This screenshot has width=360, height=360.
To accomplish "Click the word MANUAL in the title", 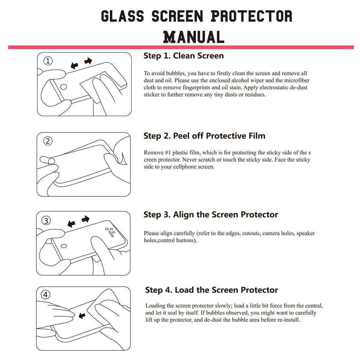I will [193, 37].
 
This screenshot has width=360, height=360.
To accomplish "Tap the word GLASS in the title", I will [122, 16].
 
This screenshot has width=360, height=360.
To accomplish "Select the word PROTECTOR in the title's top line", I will [251, 16].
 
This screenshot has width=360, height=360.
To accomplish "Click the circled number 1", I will [48, 61].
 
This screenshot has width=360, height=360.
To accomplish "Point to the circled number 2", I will [48, 141].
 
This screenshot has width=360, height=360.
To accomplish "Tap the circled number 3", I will [46, 221].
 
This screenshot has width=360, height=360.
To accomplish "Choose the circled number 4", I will [45, 295].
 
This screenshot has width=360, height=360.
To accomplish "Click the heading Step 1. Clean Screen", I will [184, 56].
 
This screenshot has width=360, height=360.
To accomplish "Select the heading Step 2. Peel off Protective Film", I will [204, 136].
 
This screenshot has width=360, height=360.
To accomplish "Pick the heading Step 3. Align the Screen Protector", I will [210, 215].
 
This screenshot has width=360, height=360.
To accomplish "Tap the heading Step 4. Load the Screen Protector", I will [211, 290].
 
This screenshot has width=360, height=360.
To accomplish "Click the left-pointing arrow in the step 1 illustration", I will [75, 66].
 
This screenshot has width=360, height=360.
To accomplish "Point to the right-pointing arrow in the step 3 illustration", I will [85, 219].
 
